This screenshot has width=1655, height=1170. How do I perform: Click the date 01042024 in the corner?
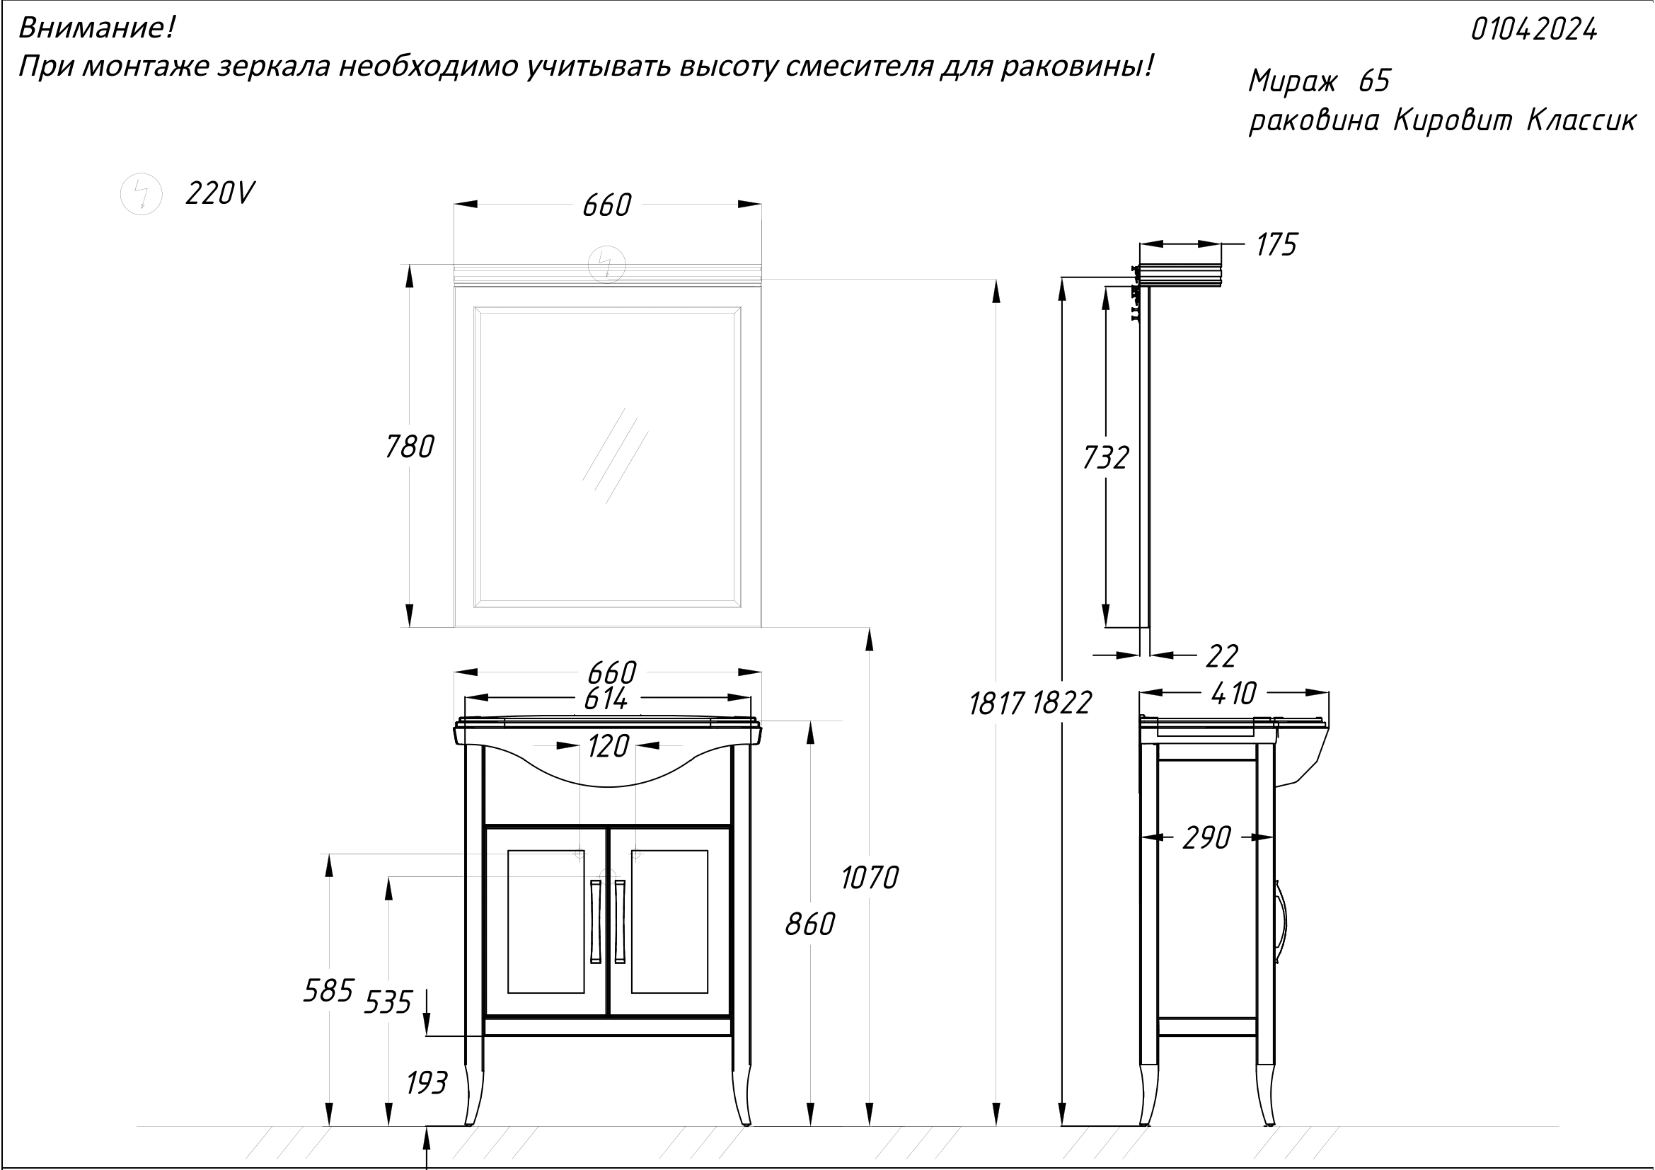click(1533, 30)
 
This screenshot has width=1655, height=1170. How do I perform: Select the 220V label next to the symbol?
click(220, 193)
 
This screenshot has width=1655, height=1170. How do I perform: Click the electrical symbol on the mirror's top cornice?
click(606, 264)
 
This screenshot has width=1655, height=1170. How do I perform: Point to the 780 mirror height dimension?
click(410, 447)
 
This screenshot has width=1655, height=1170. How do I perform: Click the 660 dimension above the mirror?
click(607, 205)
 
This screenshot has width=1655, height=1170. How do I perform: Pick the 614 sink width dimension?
click(606, 698)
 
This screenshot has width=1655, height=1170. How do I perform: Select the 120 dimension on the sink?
click(609, 747)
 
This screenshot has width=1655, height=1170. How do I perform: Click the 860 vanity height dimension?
click(809, 924)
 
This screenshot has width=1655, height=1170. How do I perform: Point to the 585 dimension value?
click(329, 990)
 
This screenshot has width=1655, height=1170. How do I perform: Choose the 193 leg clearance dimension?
click(427, 1083)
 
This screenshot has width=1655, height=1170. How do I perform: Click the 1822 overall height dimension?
click(1062, 703)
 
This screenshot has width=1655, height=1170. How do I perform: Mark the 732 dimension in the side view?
click(1106, 458)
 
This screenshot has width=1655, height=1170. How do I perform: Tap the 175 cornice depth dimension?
click(1276, 245)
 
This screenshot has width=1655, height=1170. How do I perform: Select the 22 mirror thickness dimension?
click(1222, 656)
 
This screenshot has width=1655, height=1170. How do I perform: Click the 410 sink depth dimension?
click(1234, 694)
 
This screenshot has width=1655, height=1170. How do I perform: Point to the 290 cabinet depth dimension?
click(1206, 837)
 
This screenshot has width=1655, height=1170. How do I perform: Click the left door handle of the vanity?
click(595, 922)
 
